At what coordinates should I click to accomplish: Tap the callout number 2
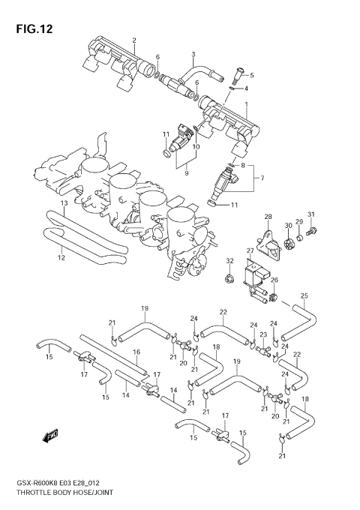pos(134,40)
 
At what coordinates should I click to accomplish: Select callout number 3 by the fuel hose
pos(193,54)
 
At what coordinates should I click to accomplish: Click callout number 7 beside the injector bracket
pos(262,178)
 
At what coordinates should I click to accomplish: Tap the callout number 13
pos(64,204)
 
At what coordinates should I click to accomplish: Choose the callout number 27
pos(250,250)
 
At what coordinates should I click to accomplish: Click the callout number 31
pos(310,216)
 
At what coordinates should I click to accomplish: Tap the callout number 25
pos(304,295)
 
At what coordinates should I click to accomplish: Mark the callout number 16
pos(136,352)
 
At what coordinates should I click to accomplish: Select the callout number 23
pos(263,335)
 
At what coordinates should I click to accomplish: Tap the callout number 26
pos(274,280)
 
